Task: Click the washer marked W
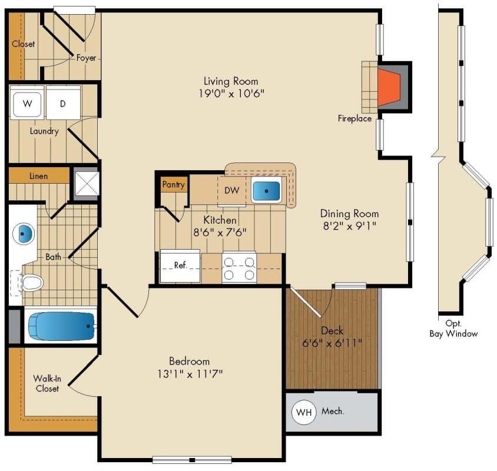[x=26, y=104]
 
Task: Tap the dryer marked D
[x=63, y=104]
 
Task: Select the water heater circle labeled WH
[x=304, y=412]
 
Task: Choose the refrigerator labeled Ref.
[x=180, y=266]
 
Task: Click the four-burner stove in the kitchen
[x=239, y=266]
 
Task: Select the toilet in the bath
[x=30, y=283]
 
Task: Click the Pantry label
[x=174, y=184]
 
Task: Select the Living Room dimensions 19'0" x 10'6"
[x=230, y=94]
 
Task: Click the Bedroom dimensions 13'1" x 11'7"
[x=189, y=373]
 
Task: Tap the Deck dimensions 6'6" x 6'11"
[x=332, y=343]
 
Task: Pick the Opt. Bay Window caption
[x=453, y=329]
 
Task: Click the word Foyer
[x=86, y=58]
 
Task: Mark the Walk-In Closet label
[x=46, y=383]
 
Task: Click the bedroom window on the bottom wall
[x=191, y=460]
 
